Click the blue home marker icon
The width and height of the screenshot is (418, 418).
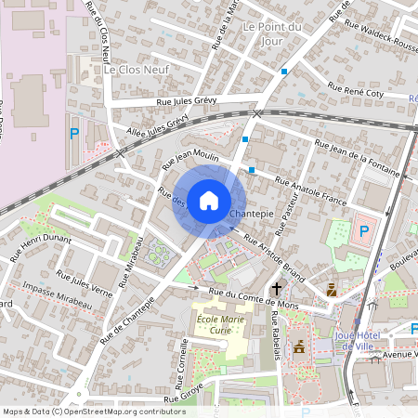(x=209, y=199)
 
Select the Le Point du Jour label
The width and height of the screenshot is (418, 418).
(x=271, y=33)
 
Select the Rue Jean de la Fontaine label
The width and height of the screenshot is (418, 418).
(x=357, y=158)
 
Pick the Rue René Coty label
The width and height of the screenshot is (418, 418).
(x=369, y=92)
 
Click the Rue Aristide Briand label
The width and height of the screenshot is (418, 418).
(x=273, y=252)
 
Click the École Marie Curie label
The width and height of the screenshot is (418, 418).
(x=221, y=325)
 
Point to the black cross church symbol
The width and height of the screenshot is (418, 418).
(x=276, y=290)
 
